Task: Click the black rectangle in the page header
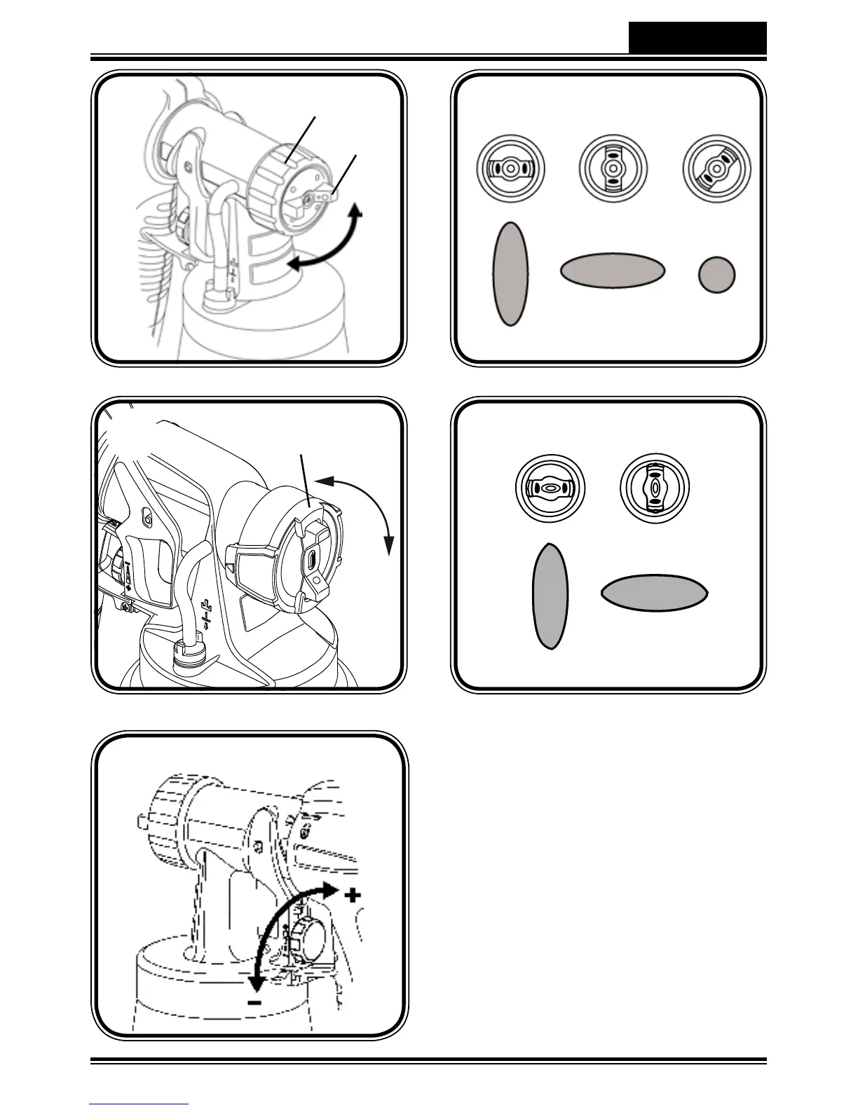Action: [x=697, y=37]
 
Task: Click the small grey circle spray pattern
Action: [x=716, y=274]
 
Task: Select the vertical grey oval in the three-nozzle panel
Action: [x=511, y=274]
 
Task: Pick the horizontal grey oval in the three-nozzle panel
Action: [x=612, y=270]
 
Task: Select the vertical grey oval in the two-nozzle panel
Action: [x=550, y=596]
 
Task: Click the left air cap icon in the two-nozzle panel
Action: [x=550, y=488]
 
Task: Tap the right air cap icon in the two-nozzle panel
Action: [x=655, y=488]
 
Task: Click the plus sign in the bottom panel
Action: [x=353, y=895]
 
